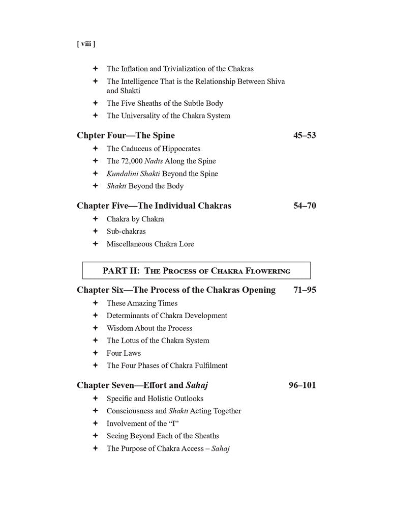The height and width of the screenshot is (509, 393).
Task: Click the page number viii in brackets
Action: pyautogui.click(x=86, y=44)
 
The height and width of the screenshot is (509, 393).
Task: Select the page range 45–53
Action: pyautogui.click(x=305, y=135)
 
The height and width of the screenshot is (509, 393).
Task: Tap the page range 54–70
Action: pyautogui.click(x=305, y=206)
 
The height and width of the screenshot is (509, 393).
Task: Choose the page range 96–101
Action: pyautogui.click(x=302, y=385)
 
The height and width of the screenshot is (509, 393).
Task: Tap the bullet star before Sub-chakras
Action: pyautogui.click(x=95, y=231)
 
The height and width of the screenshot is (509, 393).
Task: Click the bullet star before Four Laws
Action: pyautogui.click(x=95, y=353)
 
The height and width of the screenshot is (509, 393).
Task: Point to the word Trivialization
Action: pyautogui.click(x=179, y=69)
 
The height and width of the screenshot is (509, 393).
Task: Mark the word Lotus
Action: pyautogui.click(x=132, y=341)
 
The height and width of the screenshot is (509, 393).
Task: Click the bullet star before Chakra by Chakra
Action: pyautogui.click(x=95, y=219)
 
